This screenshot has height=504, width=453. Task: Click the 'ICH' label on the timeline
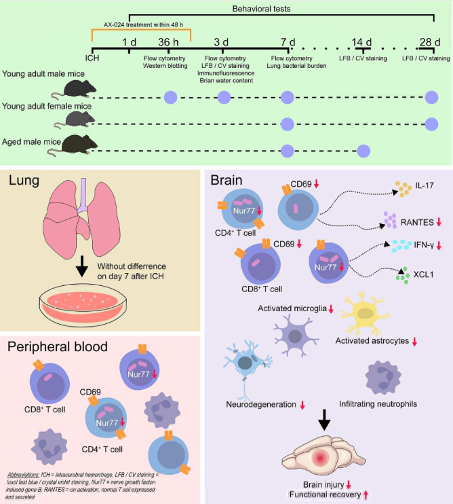tap(92, 56)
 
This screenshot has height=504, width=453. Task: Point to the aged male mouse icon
tap(79, 145)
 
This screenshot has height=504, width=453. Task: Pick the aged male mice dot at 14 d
tap(363, 150)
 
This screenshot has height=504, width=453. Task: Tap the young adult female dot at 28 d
tap(431, 123)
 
